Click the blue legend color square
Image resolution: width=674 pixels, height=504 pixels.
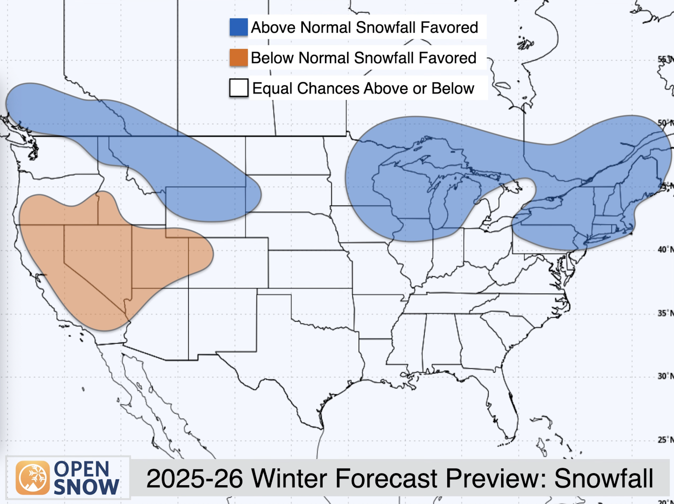pos(239,27)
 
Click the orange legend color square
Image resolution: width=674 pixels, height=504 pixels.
pos(239,58)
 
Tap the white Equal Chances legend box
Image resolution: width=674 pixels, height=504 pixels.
pos(239,88)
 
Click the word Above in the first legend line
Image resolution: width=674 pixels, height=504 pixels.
pos(272,27)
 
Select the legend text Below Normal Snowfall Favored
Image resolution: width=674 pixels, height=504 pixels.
pos(363,58)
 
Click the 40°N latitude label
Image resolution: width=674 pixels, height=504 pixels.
pos(665,249)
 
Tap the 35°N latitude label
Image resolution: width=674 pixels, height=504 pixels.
pos(665,313)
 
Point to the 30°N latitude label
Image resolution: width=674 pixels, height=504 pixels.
pos(665,376)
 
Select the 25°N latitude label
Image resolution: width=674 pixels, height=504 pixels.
pos(665,439)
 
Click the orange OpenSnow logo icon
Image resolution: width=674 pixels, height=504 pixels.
pos(33,478)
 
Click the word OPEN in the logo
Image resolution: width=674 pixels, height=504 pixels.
pos(82,469)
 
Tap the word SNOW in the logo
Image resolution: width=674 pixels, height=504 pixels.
pos(86,487)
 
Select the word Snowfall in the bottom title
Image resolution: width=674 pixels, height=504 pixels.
pos(604,478)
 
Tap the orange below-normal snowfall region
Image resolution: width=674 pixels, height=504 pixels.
pos(96,260)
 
